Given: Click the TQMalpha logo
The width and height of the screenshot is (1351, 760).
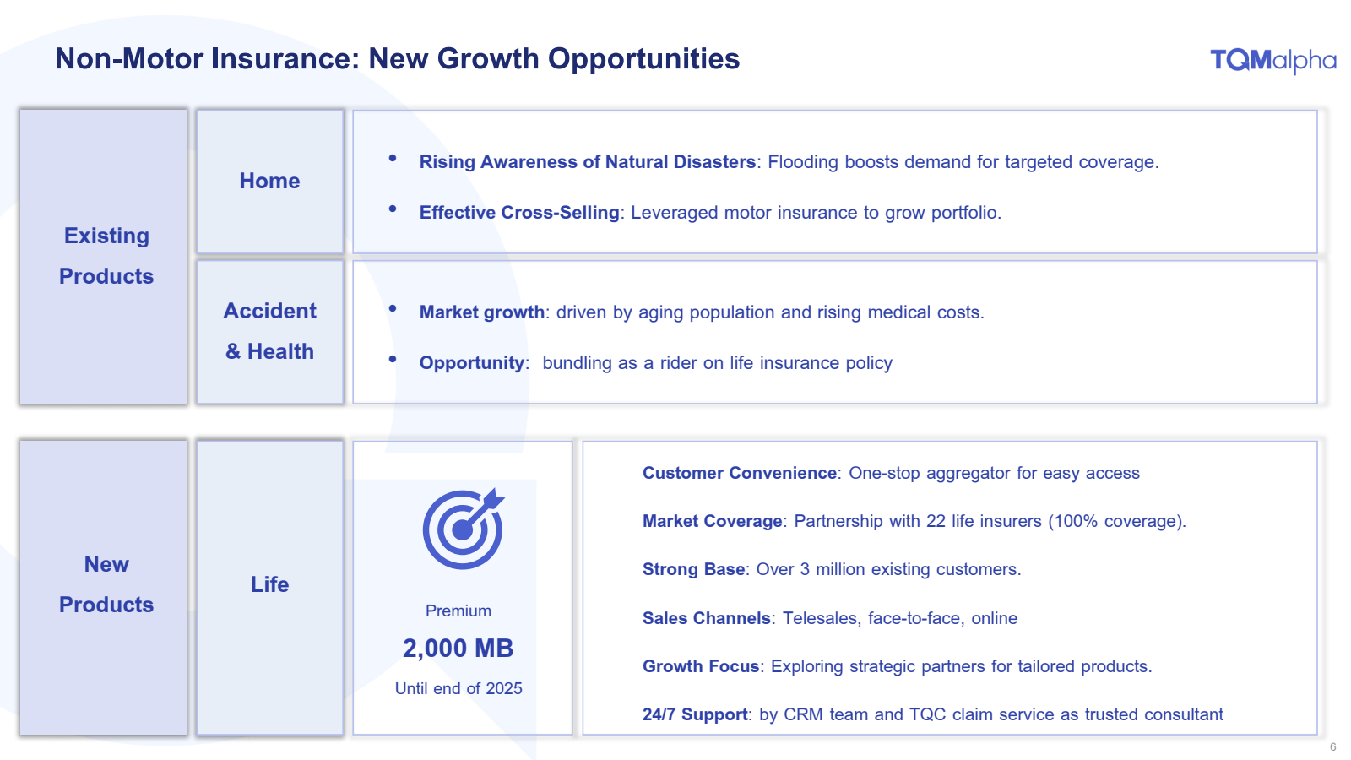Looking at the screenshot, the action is click(1272, 61).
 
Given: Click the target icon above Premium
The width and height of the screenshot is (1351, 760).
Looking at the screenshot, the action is click(464, 529).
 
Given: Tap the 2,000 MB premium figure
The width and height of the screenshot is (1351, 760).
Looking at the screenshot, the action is click(458, 649).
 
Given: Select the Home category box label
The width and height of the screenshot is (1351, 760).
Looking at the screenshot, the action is click(269, 181).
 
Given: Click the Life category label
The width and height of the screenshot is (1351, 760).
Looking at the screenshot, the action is click(269, 584).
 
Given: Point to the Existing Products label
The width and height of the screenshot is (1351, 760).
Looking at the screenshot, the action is click(106, 256).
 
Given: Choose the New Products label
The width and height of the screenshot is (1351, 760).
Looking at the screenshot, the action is click(106, 584).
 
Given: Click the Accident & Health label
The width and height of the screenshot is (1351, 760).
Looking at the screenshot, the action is click(269, 331).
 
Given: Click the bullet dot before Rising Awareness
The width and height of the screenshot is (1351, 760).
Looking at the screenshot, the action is click(393, 158).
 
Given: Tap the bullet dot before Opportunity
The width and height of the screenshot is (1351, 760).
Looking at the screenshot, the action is click(393, 359).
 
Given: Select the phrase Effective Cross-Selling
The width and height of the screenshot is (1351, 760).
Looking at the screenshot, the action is click(519, 212).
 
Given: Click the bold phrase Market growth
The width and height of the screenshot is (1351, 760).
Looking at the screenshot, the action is click(482, 312).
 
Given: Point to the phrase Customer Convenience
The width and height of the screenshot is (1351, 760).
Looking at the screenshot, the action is click(740, 473).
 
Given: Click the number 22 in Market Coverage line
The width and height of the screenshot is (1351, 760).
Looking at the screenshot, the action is click(936, 521).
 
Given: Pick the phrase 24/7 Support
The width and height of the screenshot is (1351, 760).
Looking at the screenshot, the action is click(696, 714).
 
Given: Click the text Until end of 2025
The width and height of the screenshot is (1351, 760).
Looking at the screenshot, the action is click(458, 689).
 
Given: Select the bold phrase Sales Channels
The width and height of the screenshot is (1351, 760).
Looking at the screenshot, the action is click(706, 618).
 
